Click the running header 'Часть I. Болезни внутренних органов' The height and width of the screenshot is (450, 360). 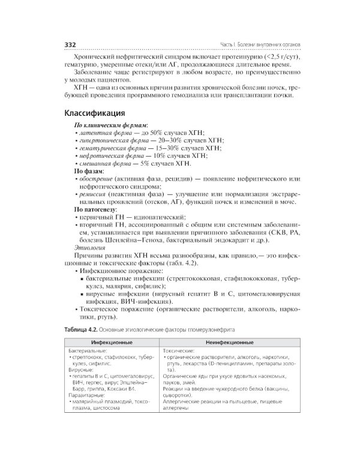pyautogui.click(x=260, y=45)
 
